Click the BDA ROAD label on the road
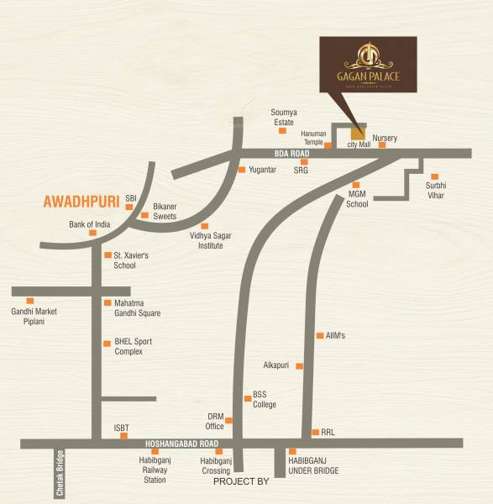pos(292,154)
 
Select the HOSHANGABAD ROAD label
pos(181,443)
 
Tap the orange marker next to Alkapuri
pos(299,366)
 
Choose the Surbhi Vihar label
pos(434,191)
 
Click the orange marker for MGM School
pos(356,185)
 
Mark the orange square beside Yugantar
pos(242,170)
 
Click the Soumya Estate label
pos(284,117)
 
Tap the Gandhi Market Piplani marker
pos(30,301)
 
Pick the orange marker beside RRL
pos(315,432)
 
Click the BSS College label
pos(265,400)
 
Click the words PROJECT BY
pos(240,482)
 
